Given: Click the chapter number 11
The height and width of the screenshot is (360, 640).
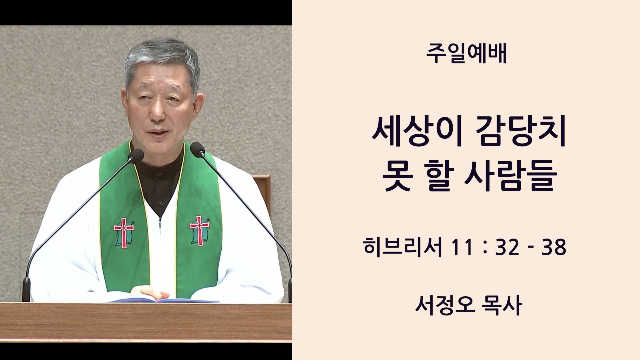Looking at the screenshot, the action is [x=462, y=247].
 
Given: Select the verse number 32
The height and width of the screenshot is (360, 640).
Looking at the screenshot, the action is [x=507, y=247].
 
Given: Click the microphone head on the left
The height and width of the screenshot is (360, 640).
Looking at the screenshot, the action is [x=136, y=155].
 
